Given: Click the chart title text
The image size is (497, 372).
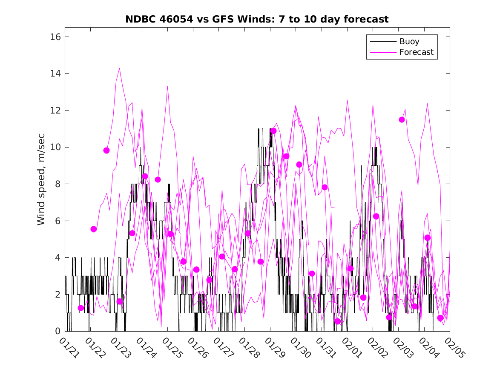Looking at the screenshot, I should pyautogui.click(x=257, y=20).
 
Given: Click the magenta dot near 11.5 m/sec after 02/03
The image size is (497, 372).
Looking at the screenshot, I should pyautogui.click(x=402, y=119).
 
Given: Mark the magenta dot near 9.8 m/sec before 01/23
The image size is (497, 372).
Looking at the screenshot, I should pyautogui.click(x=106, y=151).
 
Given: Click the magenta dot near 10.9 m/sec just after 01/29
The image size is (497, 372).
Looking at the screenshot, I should pyautogui.click(x=273, y=131).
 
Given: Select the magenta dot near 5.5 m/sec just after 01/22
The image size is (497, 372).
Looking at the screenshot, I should pyautogui.click(x=94, y=229).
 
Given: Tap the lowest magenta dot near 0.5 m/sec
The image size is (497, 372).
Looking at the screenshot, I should pyautogui.click(x=338, y=321).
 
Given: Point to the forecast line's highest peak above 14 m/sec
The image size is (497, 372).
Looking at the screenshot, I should pyautogui.click(x=119, y=68).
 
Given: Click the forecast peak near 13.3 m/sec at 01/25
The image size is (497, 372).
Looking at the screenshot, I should pyautogui.click(x=167, y=87).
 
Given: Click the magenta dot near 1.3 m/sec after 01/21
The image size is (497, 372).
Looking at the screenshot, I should pyautogui.click(x=81, y=308).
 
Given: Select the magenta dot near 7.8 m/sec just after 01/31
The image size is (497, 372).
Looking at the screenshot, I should pyautogui.click(x=325, y=187).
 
